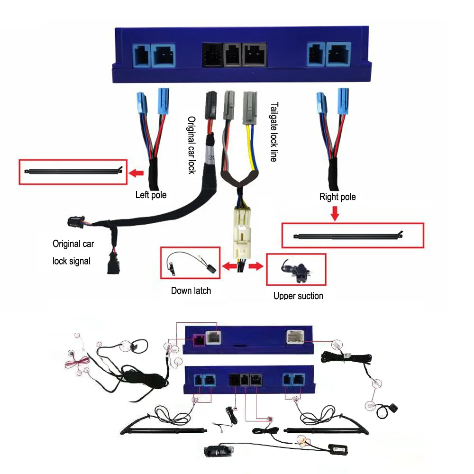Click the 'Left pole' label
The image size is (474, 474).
(x=151, y=195)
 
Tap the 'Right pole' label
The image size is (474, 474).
(x=337, y=197)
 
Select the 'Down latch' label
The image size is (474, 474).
(x=191, y=290)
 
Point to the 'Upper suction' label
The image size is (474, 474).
(x=298, y=296)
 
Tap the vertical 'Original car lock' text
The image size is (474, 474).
(x=191, y=145)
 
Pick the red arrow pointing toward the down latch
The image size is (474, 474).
(x=230, y=267)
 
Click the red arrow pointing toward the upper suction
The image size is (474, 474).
(x=256, y=267)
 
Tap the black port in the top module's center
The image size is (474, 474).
(x=212, y=55)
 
